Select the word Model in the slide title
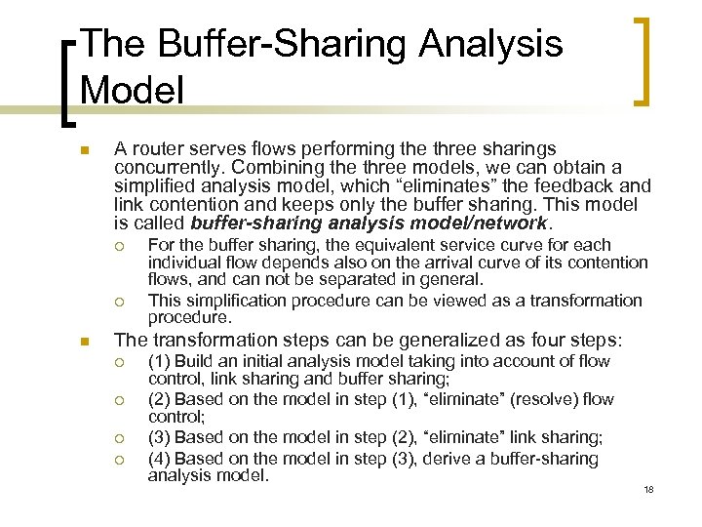click(x=133, y=89)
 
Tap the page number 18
click(x=648, y=489)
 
